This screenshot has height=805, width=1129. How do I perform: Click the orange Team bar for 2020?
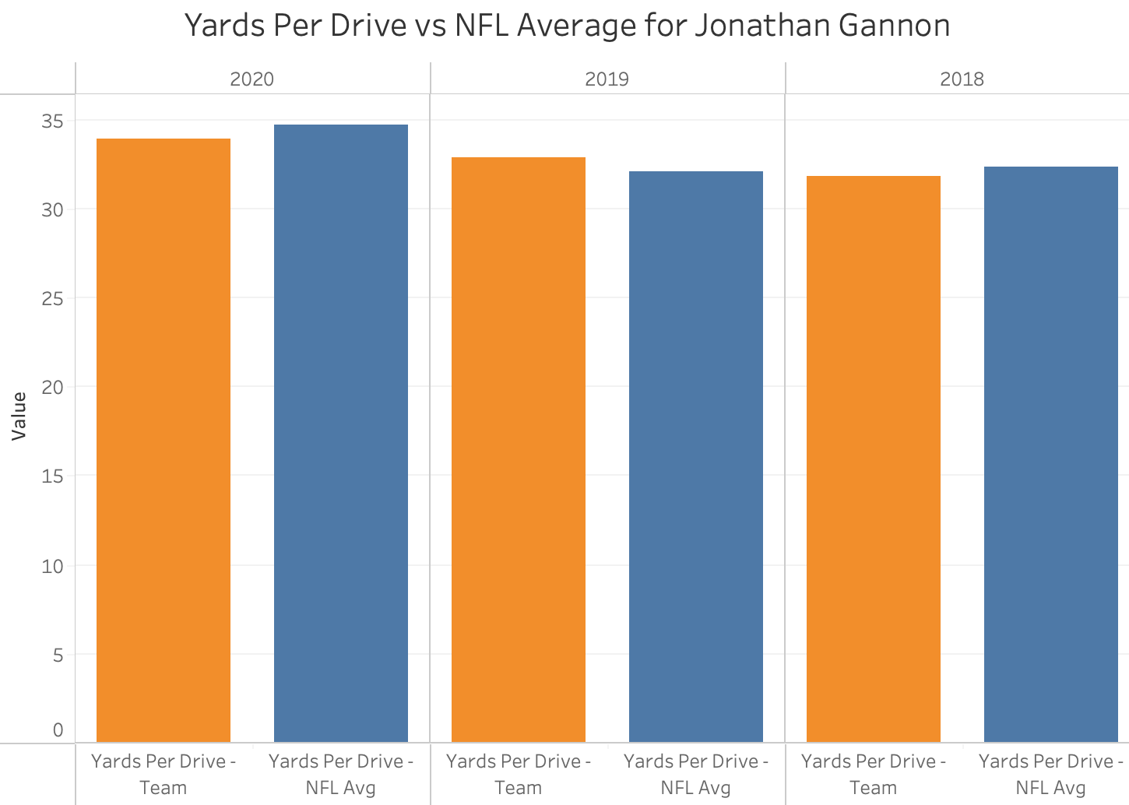(x=164, y=440)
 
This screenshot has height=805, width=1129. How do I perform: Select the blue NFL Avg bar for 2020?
(x=341, y=433)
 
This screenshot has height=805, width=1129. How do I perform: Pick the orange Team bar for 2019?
(x=519, y=449)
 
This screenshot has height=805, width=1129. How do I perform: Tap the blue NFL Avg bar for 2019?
(x=696, y=456)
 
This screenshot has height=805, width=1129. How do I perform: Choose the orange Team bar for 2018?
(x=874, y=459)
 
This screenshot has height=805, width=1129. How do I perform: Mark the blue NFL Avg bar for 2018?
(x=1051, y=454)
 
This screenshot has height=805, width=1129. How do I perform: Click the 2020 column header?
(x=252, y=79)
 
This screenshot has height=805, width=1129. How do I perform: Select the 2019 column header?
(x=607, y=79)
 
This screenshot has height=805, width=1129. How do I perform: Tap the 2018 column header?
(x=962, y=79)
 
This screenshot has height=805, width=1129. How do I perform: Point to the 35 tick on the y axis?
(x=53, y=121)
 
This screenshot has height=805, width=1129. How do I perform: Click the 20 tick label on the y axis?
(x=53, y=387)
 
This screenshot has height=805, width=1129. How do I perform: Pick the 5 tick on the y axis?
(x=58, y=655)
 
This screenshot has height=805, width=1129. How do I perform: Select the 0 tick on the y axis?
(x=58, y=730)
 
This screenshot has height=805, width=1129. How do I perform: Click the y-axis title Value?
(x=19, y=417)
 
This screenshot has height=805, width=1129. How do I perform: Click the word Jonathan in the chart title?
(x=760, y=26)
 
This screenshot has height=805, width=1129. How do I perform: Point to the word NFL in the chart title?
(x=481, y=26)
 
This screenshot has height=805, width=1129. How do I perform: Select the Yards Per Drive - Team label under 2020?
(x=164, y=774)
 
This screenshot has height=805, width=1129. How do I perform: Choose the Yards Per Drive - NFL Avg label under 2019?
(x=696, y=774)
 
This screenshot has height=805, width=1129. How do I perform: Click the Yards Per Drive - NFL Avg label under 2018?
(x=1051, y=774)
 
